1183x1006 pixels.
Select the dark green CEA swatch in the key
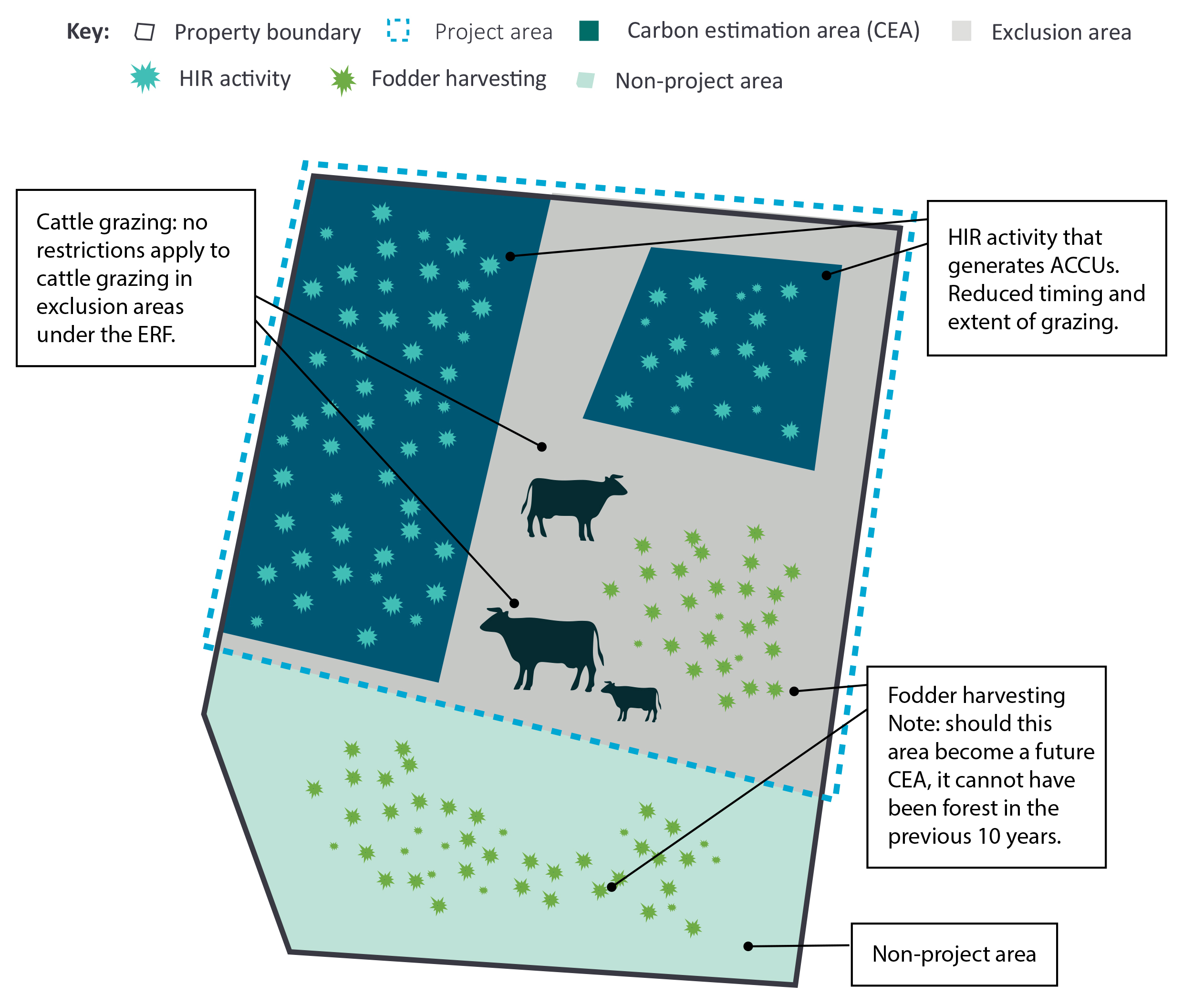(588, 31)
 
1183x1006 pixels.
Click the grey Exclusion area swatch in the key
(961, 31)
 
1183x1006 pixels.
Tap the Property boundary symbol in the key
(145, 32)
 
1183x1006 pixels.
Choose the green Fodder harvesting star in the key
(342, 80)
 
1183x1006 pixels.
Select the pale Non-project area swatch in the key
(585, 80)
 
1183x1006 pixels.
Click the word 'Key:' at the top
(88, 31)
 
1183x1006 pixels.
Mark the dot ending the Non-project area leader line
(748, 946)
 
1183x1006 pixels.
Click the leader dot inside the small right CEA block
(826, 275)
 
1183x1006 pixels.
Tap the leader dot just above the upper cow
(541, 447)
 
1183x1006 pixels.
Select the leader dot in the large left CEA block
(510, 257)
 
